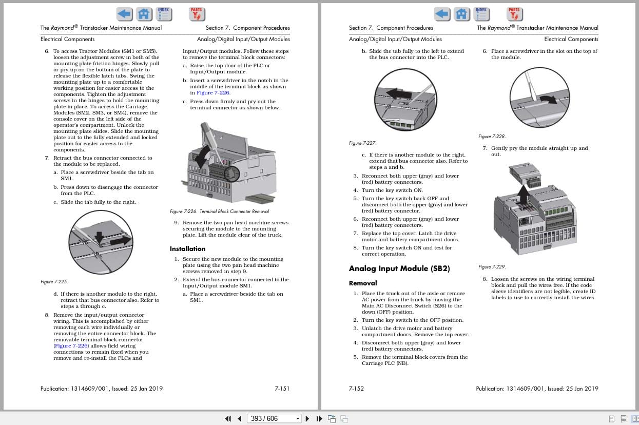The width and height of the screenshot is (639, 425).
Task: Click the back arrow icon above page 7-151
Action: (124, 14)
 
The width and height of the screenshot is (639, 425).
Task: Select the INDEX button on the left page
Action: (164, 14)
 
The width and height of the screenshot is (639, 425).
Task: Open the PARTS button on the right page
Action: (514, 14)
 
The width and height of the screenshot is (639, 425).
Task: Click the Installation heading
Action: (187, 249)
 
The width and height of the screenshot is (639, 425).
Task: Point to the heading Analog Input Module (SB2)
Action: (399, 268)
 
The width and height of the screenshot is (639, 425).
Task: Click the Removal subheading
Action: (362, 283)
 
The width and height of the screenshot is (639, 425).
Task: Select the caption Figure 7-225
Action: (54, 282)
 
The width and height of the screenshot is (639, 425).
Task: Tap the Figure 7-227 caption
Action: (362, 143)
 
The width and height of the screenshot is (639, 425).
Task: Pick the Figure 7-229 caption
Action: (492, 267)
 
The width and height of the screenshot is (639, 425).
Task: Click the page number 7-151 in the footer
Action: (282, 389)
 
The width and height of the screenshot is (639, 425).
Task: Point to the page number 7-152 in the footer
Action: (356, 389)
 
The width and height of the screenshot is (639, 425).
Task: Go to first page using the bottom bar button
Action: (228, 418)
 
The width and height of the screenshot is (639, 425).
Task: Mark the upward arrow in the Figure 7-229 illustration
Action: (522, 195)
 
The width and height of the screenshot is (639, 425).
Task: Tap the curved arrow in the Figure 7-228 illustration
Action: (548, 99)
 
